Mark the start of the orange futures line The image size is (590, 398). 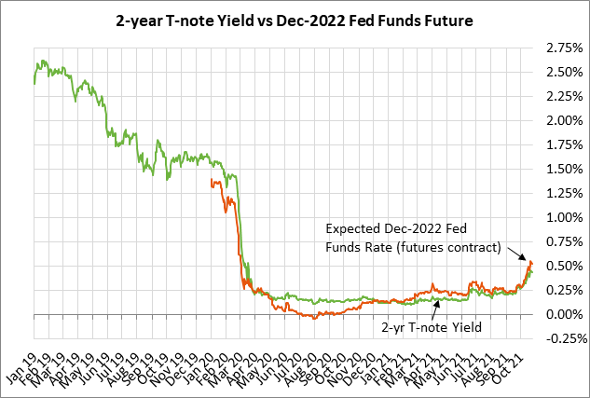point(213,181)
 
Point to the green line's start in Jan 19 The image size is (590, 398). point(34,83)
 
